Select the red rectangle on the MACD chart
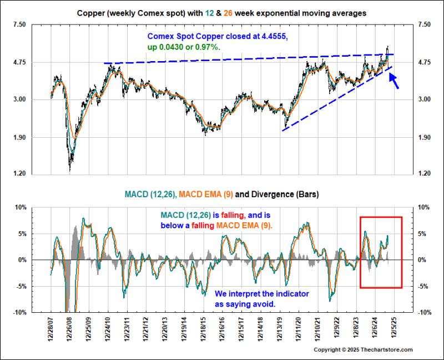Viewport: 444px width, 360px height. pyautogui.click(x=381, y=217)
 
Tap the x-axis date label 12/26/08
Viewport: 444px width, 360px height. pyautogui.click(x=69, y=329)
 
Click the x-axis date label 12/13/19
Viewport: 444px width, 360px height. pyautogui.click(x=279, y=329)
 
